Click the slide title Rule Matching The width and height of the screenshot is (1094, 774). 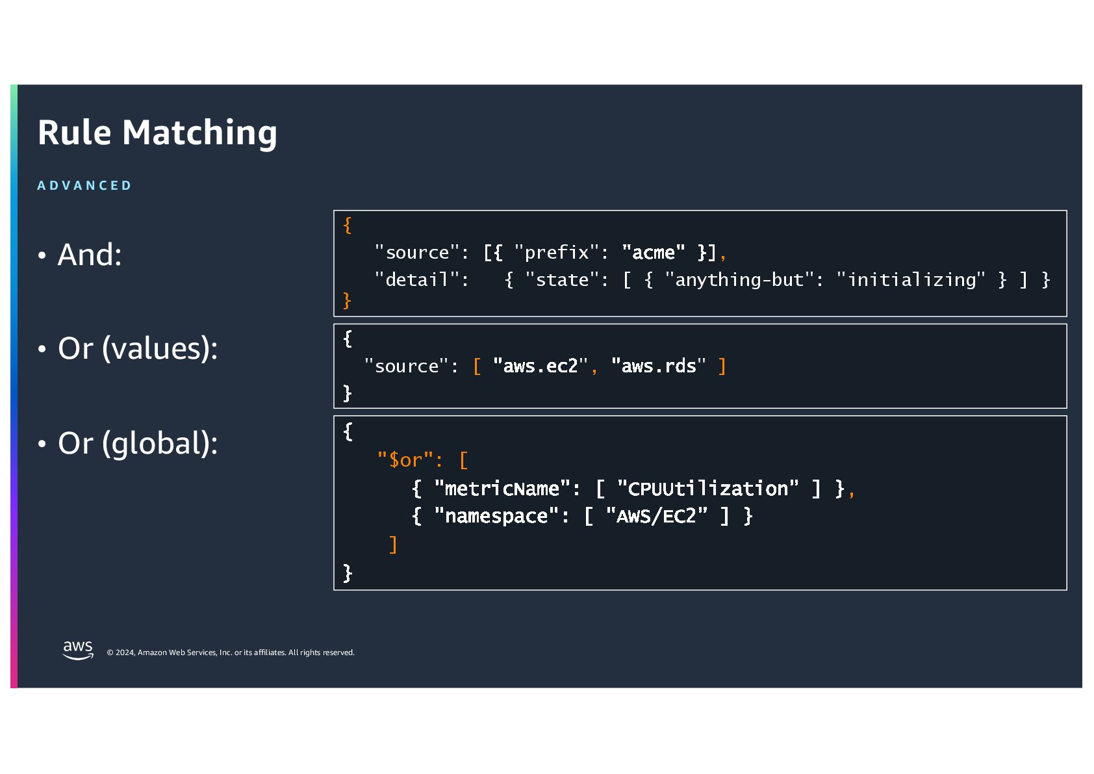(x=157, y=133)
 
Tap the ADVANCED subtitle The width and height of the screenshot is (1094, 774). (x=84, y=186)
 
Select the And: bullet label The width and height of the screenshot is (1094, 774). (x=89, y=255)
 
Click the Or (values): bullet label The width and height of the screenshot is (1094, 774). (x=137, y=348)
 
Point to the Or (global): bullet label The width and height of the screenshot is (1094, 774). (x=137, y=443)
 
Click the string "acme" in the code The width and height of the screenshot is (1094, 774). (x=653, y=252)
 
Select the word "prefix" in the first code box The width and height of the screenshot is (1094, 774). (x=556, y=252)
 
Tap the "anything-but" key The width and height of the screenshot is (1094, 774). (x=739, y=280)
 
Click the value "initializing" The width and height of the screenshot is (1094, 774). (x=911, y=280)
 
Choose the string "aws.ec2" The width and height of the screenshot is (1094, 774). (x=540, y=367)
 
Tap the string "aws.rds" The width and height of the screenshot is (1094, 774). (x=658, y=367)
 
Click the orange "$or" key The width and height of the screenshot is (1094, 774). (x=405, y=460)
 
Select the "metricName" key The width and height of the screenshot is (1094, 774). (x=502, y=489)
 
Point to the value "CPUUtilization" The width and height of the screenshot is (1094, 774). (x=707, y=489)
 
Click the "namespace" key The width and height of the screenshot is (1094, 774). (x=496, y=517)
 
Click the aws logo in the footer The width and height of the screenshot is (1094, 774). (x=78, y=650)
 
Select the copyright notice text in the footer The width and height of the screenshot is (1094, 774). (x=231, y=652)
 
